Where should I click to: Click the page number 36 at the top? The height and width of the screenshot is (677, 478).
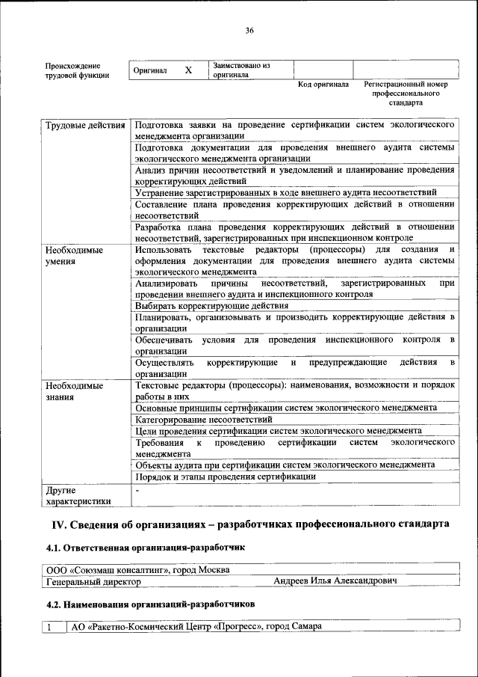tap(249, 31)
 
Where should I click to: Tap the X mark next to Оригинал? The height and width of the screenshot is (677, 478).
tap(188, 70)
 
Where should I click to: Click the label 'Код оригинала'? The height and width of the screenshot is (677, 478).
tap(323, 85)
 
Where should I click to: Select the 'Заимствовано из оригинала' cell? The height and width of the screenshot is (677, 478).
tap(241, 70)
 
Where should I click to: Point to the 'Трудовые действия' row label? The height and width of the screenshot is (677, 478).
tap(84, 125)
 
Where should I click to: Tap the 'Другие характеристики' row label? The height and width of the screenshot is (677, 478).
tap(78, 496)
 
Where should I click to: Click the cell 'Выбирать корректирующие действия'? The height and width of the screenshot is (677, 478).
tap(211, 306)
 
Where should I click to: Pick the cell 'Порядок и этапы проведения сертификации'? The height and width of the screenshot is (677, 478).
tap(225, 477)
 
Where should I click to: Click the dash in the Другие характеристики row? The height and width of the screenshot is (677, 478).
tap(137, 491)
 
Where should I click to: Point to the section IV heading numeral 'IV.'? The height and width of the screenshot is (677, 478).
tap(58, 524)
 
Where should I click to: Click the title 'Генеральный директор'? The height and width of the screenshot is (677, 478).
tap(93, 580)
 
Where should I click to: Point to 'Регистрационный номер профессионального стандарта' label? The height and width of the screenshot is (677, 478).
tap(405, 94)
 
